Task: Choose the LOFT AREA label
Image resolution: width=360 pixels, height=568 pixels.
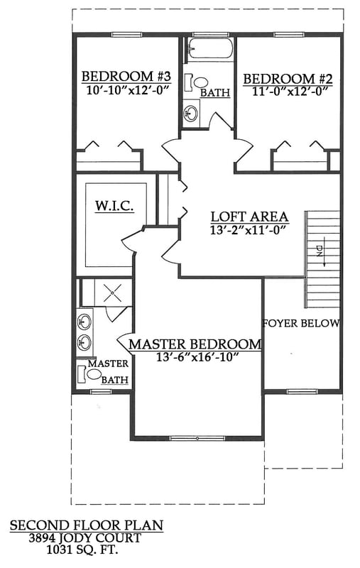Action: coord(249,217)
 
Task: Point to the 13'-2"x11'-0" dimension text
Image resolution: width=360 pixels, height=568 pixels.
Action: coord(249,230)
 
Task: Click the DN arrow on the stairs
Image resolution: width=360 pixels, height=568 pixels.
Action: coord(320,253)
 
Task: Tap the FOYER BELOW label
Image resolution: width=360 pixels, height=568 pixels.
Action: coord(301,323)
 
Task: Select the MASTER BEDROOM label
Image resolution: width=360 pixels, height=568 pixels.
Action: coord(195,344)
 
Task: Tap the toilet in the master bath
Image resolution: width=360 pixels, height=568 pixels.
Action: coord(94,374)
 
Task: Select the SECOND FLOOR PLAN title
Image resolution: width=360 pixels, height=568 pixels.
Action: coord(87,526)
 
